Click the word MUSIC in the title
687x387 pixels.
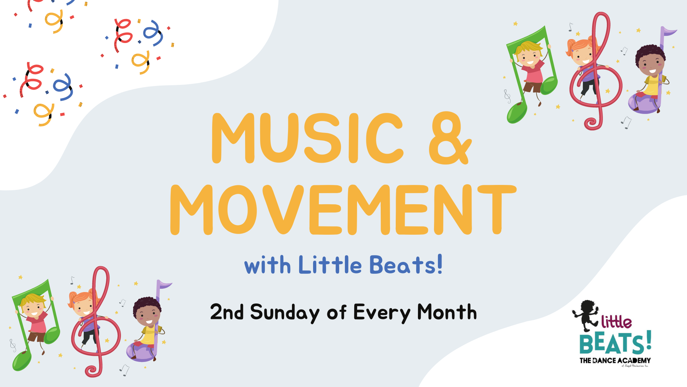(x=308, y=138)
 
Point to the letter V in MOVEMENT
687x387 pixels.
(x=283, y=210)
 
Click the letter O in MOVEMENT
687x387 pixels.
(x=238, y=210)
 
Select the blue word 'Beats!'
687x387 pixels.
(x=406, y=266)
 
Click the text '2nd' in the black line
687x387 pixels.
(x=227, y=312)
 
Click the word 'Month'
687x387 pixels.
(x=447, y=312)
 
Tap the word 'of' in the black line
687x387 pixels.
(x=336, y=312)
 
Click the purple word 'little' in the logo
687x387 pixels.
(x=616, y=322)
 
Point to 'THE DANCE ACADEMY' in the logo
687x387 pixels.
(x=615, y=360)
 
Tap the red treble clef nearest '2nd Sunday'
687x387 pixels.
(x=96, y=322)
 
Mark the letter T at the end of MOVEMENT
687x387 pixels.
(x=497, y=210)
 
